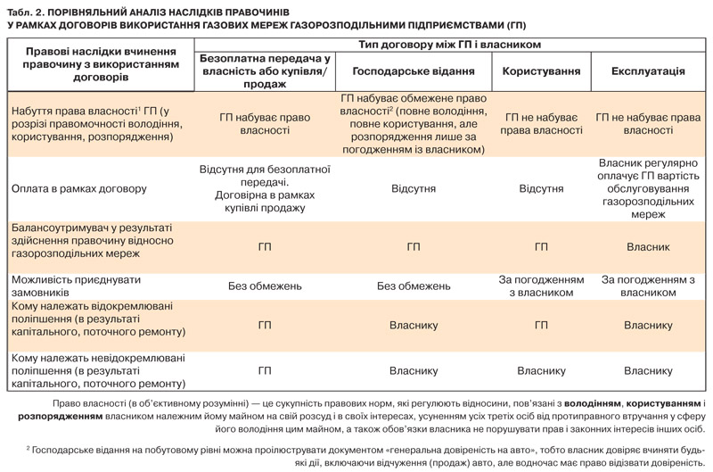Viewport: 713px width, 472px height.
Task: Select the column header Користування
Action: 541,70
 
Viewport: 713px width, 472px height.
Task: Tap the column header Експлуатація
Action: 648,70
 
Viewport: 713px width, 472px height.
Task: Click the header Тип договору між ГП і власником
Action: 450,44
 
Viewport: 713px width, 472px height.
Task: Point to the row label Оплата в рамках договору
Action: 79,189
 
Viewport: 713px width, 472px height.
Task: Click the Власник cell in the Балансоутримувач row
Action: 648,247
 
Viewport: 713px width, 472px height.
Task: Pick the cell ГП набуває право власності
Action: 264,124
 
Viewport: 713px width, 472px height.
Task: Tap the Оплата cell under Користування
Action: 541,189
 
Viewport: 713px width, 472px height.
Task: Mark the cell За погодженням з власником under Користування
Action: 541,286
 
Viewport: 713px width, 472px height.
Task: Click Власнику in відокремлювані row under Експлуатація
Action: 648,326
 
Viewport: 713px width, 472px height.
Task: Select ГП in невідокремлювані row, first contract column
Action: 264,371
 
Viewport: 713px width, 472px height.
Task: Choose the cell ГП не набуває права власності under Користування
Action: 541,124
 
